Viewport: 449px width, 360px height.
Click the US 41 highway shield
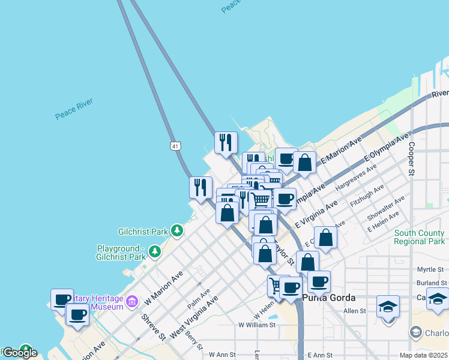click(x=175, y=146)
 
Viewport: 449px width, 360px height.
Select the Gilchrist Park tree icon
click(x=176, y=230)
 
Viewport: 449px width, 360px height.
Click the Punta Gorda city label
click(x=330, y=298)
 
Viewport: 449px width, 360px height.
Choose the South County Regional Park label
click(x=420, y=237)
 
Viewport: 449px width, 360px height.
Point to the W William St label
click(x=256, y=325)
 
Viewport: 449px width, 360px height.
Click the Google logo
click(x=20, y=353)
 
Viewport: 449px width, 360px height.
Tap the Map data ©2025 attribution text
click(x=423, y=355)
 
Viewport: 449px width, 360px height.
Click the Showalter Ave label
click(x=387, y=207)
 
